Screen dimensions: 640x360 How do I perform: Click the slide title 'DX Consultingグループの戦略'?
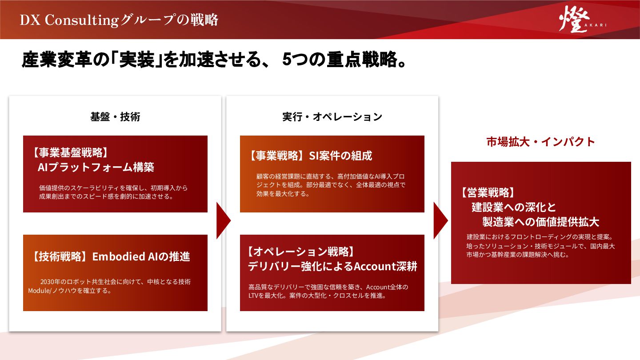click(119, 20)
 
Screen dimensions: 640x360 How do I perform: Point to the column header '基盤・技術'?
click(115, 117)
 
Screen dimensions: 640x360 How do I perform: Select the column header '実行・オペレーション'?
click(332, 117)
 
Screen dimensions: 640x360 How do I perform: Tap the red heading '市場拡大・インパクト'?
click(540, 142)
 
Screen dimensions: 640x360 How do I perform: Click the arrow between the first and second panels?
click(223, 221)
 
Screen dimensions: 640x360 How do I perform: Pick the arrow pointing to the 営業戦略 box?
click(440, 221)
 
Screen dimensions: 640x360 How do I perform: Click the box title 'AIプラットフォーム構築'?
click(96, 168)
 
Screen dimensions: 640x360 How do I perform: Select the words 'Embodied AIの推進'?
click(141, 256)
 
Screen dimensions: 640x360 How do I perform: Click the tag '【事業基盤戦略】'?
click(70, 153)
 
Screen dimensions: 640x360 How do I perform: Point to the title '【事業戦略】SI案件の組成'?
click(310, 156)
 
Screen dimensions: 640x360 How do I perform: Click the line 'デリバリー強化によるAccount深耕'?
click(332, 267)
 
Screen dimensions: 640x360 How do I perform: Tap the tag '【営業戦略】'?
click(488, 192)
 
